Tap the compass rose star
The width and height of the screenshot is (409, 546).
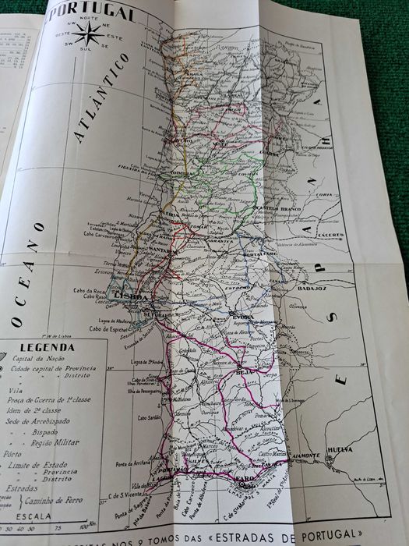[x=87, y=32]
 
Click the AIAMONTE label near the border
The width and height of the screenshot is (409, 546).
[x=305, y=455]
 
